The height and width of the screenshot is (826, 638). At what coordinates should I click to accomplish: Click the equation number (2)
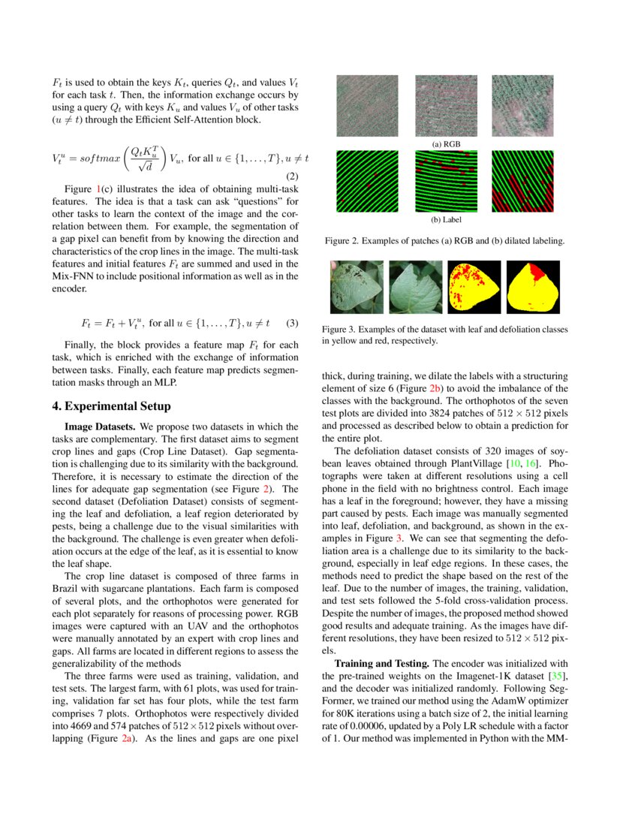pos(293,177)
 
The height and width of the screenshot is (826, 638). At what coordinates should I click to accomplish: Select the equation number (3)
pos(293,324)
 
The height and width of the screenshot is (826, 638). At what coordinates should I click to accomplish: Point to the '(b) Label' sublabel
pos(446,220)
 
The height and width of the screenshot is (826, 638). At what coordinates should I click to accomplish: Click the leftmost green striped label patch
pos(367,181)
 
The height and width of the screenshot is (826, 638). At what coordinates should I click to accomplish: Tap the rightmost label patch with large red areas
pos(522,181)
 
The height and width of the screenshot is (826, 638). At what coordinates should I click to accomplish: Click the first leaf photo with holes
pos(357,287)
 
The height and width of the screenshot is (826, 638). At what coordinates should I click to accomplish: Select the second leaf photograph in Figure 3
pos(415,287)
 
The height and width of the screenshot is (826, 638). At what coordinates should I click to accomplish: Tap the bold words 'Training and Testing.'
pos(381,664)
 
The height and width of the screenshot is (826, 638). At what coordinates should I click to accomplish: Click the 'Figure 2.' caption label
pos(343,241)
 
